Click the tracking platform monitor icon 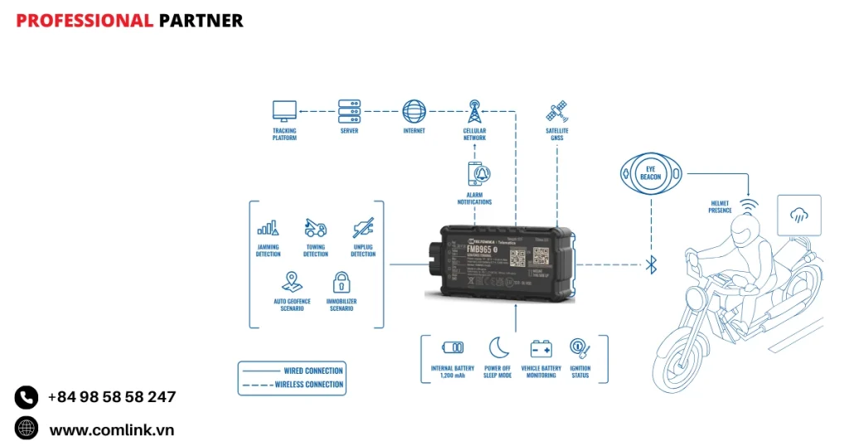(x=284, y=111)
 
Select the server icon (x=349, y=111)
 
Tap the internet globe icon (x=414, y=111)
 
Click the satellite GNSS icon (x=556, y=111)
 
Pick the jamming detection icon (x=268, y=226)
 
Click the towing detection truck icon (x=315, y=226)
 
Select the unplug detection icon (x=363, y=226)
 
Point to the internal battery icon (x=453, y=348)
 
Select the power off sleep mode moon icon (x=497, y=347)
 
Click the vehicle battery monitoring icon (x=541, y=348)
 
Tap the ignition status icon (x=580, y=348)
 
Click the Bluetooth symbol (x=652, y=265)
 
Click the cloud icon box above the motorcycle (x=799, y=216)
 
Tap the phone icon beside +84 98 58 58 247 (x=27, y=398)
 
